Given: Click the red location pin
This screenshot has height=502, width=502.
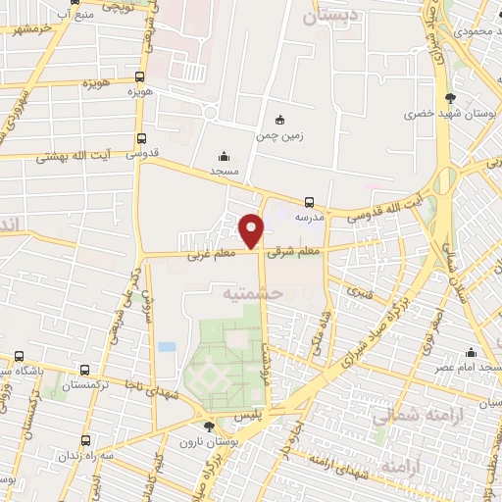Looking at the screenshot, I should [x=251, y=230].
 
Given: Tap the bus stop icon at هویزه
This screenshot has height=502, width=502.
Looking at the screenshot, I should [x=141, y=76].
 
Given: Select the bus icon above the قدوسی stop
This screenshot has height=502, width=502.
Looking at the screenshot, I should [x=142, y=138].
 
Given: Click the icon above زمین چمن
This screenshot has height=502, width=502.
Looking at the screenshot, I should [x=280, y=120].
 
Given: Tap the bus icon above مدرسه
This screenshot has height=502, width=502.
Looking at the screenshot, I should [x=310, y=203].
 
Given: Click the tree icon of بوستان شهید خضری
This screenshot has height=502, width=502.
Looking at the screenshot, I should [x=450, y=97].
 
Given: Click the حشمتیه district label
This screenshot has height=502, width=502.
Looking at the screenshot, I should [x=252, y=292].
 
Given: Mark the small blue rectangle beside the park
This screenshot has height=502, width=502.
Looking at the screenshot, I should [x=167, y=347].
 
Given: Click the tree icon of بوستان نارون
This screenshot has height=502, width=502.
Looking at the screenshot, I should [x=208, y=427].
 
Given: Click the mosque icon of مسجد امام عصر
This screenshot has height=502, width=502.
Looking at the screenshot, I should [x=472, y=352].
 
